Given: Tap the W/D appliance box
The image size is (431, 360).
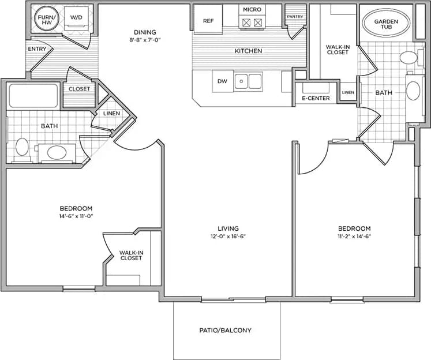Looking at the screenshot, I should coord(76,18).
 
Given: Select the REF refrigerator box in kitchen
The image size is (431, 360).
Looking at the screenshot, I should coord(208,21).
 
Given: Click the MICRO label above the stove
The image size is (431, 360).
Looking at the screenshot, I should coord(252,10).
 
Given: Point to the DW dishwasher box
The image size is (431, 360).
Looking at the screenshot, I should coord(222,82).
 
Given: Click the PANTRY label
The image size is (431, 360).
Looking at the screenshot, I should coord(295,17).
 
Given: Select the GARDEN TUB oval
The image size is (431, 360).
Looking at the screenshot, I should coord(386,24).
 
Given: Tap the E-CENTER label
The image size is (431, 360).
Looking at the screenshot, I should coord(316,98).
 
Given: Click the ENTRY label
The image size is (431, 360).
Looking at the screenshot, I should coord(37,49).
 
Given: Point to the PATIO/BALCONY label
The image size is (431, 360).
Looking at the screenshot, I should coord(226,331).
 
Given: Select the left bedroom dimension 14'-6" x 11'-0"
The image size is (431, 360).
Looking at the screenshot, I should coord(76,216).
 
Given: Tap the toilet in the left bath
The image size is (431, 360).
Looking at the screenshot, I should coord(22,147).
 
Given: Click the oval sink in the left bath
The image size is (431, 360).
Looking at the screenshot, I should coord(56,152).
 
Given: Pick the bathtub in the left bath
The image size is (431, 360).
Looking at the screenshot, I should coord(33,96).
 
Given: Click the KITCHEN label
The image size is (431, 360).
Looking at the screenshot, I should coord(248,51).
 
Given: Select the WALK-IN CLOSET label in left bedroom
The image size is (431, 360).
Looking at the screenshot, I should coord(131,255).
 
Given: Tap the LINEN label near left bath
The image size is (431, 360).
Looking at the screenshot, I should coord(111,114).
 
